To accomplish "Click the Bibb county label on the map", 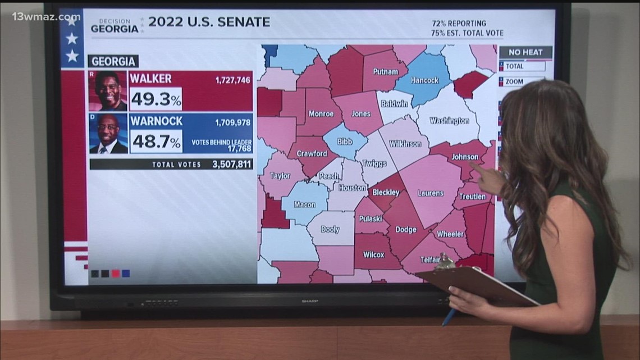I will (x=345, y=142).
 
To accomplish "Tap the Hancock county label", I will (x=424, y=81).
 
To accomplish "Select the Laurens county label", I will (x=430, y=193).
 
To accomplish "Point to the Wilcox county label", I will (x=373, y=254).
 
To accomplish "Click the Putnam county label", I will (x=385, y=72).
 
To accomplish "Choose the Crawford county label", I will (x=312, y=153).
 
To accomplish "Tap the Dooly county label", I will (x=330, y=229).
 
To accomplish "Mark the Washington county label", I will (x=449, y=121).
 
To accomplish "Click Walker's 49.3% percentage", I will (x=156, y=100).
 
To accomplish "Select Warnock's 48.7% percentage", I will (x=156, y=142).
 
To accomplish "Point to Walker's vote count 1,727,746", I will (x=232, y=80).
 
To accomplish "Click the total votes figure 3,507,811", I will (x=232, y=165).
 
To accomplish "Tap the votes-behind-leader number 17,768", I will (x=239, y=149).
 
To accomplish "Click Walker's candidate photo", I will (x=108, y=91).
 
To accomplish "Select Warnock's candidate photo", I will (x=108, y=134).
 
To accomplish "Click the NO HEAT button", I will (x=525, y=52).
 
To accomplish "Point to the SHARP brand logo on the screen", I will (x=308, y=300).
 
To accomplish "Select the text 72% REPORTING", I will (x=459, y=24).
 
